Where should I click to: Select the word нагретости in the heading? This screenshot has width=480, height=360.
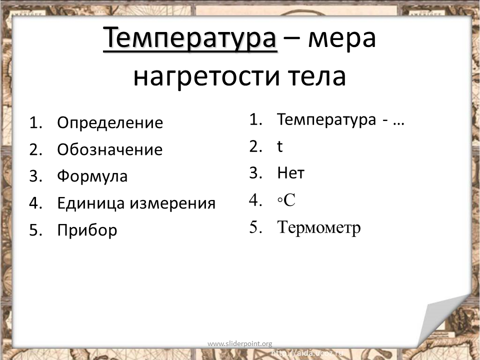(206, 76)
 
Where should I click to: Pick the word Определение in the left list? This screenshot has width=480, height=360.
(110, 123)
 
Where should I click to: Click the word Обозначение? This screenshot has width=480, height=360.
(109, 149)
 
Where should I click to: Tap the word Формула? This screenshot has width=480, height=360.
(92, 176)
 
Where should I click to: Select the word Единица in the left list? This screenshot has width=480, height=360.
(90, 203)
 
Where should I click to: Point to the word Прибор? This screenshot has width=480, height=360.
(87, 230)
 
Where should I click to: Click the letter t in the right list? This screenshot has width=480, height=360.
(279, 146)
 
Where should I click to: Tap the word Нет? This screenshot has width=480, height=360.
(291, 172)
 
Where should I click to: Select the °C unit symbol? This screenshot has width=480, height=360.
(286, 200)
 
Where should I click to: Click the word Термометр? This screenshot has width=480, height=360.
(318, 228)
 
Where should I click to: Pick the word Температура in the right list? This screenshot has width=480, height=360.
(326, 119)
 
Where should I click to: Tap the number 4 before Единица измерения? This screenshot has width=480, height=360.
(33, 203)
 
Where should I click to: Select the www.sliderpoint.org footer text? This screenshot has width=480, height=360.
(239, 344)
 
